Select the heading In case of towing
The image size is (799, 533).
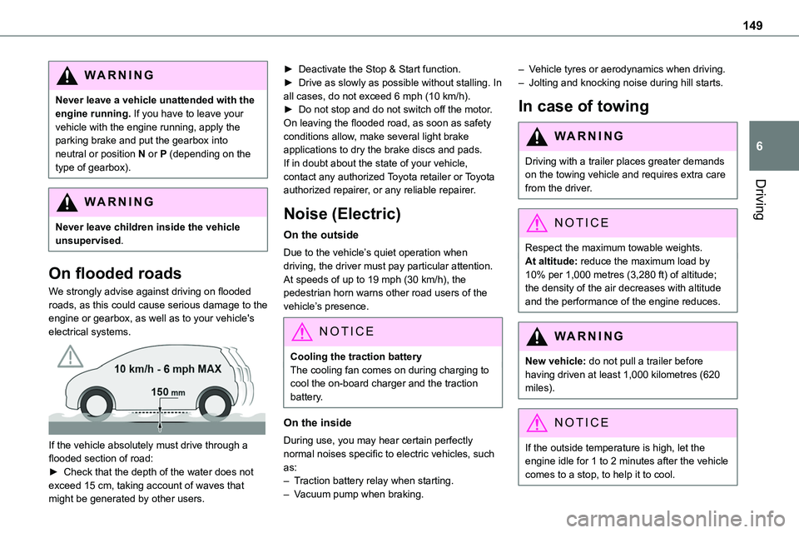coord(583,106)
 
